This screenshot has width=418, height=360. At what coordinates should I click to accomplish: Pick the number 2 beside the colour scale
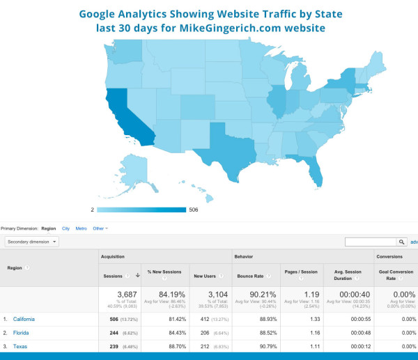pos(93,210)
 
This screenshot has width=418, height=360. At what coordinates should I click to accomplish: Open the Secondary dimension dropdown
pos(32,242)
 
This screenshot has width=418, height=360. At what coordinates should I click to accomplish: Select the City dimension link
pos(65,228)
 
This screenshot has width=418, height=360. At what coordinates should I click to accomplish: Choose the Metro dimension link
pos(81,228)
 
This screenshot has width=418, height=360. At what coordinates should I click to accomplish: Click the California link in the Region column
pos(24,319)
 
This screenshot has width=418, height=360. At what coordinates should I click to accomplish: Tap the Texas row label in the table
pos(20,346)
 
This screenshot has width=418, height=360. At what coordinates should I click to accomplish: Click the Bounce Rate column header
pos(249,276)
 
